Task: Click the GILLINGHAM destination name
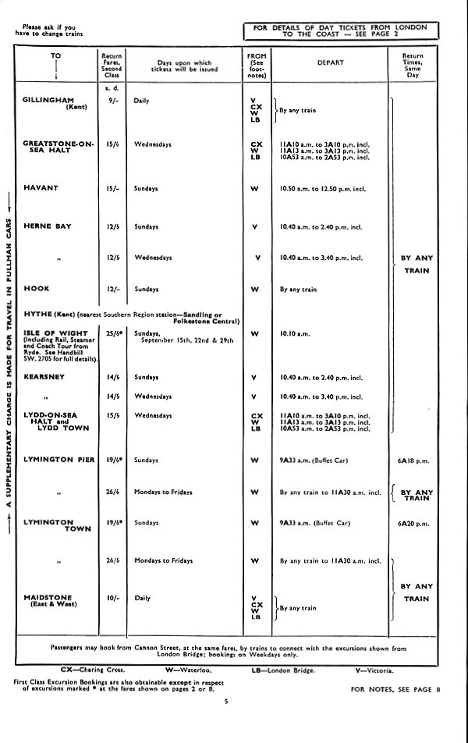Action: (x=48, y=101)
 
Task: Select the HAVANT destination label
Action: (x=41, y=188)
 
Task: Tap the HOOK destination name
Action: (x=37, y=289)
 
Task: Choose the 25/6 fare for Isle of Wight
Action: (x=111, y=334)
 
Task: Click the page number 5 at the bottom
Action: (x=225, y=702)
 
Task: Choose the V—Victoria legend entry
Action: (x=375, y=669)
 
